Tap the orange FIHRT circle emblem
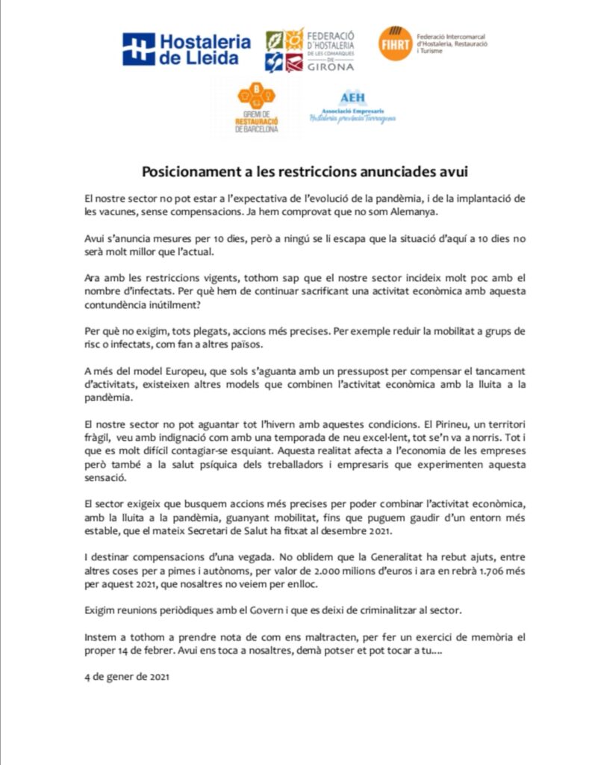click(394, 43)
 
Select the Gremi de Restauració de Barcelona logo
click(256, 109)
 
